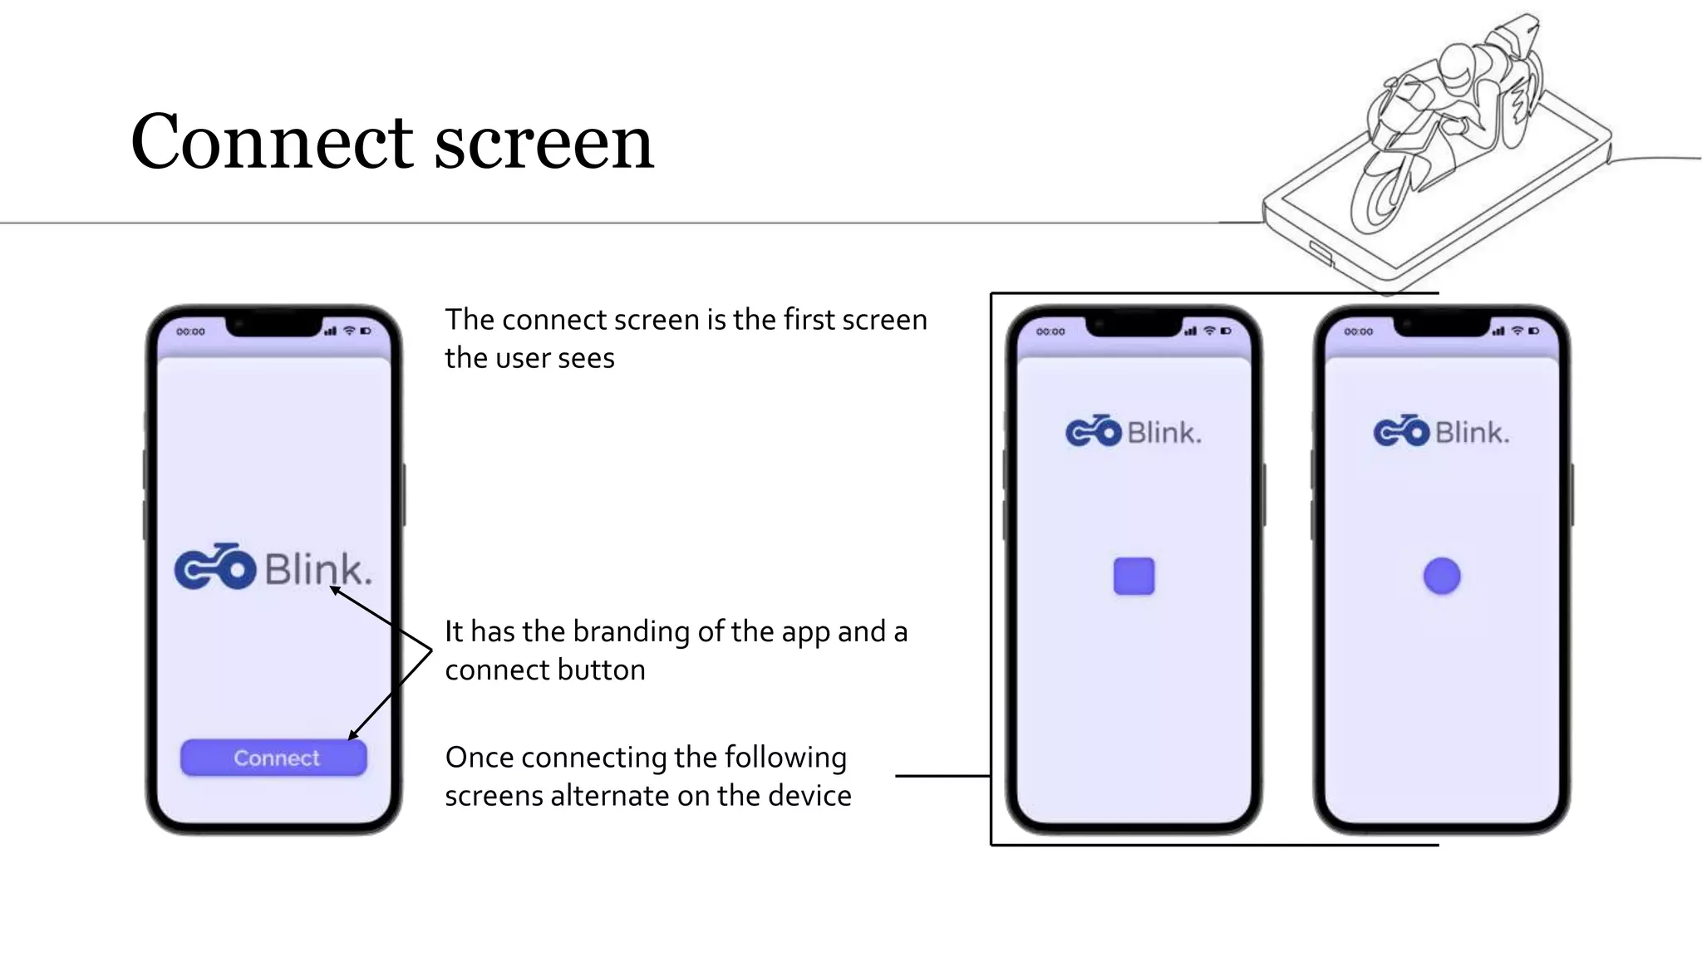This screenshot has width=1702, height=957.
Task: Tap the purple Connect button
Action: coord(273,758)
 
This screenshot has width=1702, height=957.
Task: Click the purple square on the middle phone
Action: coord(1134,576)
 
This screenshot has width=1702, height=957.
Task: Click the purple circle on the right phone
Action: coord(1442,576)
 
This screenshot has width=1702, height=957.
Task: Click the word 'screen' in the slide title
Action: coord(544,143)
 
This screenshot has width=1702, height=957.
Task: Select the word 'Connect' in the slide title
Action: coord(272,143)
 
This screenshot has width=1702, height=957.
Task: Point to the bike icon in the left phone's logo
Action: coord(215,567)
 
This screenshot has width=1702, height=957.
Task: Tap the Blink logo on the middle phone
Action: coord(1134,432)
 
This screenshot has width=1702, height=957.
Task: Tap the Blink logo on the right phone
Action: coord(1442,432)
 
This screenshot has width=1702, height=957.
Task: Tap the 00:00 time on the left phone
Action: coord(190,331)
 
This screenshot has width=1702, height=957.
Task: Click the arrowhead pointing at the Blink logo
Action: coord(333,590)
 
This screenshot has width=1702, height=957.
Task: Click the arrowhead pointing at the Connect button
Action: coord(352,736)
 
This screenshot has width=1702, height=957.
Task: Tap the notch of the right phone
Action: coord(1442,326)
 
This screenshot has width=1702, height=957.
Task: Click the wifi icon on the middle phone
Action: coord(1209,331)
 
